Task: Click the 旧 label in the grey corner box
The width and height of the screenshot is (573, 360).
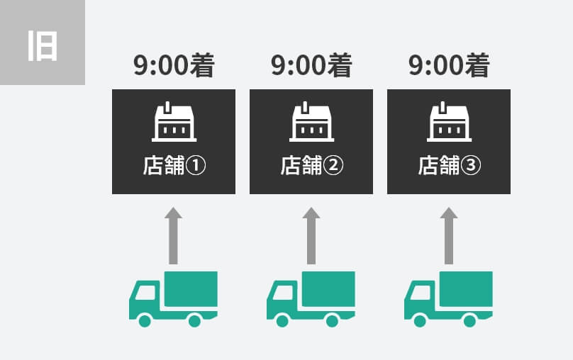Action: [43, 46]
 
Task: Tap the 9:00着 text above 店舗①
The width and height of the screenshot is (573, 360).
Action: [174, 65]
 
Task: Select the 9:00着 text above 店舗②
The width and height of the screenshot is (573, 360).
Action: [311, 65]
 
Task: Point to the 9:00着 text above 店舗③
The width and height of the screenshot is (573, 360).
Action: [449, 65]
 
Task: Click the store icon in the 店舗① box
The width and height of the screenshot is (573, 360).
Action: [174, 122]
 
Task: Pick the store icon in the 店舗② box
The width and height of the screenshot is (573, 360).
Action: [311, 122]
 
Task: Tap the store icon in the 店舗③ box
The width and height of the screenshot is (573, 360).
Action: [449, 122]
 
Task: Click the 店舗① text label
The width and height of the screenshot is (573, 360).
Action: [174, 165]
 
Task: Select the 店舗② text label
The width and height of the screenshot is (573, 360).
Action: [312, 165]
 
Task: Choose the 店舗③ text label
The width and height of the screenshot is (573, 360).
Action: [449, 165]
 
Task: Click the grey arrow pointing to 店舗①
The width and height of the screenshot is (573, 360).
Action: [173, 235]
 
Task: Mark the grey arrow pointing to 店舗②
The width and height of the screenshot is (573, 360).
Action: [311, 235]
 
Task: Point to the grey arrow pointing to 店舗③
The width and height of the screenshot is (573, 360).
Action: [449, 235]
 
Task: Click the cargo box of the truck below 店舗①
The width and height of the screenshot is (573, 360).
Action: [191, 289]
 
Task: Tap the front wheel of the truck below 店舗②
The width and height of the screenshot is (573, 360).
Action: [282, 321]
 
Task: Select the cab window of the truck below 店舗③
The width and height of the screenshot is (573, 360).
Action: [420, 293]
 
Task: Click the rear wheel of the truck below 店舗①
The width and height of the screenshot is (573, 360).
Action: [194, 321]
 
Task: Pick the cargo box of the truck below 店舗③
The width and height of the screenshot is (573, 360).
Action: [466, 289]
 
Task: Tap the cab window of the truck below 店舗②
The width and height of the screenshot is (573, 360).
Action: [282, 293]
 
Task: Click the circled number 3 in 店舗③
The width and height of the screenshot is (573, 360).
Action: [471, 165]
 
